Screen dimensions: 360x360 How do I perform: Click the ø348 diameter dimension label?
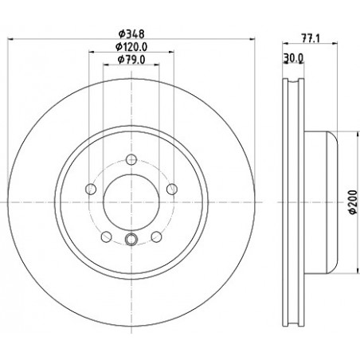[131, 34]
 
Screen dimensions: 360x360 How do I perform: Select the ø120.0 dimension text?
[131, 47]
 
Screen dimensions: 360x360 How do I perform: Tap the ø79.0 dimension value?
[131, 60]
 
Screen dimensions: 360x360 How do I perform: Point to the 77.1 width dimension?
[311, 38]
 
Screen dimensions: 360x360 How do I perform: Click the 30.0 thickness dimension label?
[293, 57]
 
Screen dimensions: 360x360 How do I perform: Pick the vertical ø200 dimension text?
[352, 202]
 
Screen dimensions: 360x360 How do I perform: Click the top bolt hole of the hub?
[131, 159]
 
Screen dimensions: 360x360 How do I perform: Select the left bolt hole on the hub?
[91, 189]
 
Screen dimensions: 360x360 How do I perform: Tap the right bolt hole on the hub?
[172, 189]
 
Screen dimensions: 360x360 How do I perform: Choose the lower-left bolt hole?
[106, 237]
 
